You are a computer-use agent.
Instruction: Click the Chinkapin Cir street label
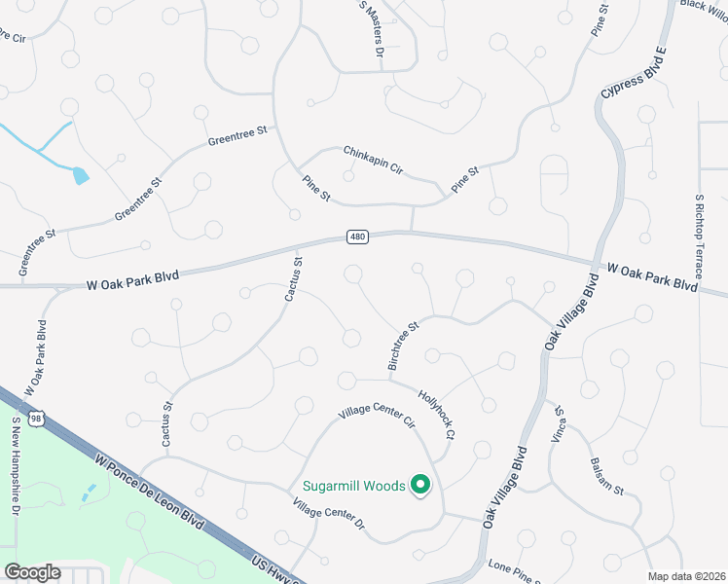[373, 160]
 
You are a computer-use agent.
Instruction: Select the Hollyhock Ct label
[437, 413]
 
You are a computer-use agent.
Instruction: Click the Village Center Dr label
[328, 514]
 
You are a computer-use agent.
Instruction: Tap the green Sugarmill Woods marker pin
[420, 485]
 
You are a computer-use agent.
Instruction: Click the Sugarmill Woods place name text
[352, 486]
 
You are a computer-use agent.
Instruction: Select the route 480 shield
[357, 237]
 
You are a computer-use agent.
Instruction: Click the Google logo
[32, 572]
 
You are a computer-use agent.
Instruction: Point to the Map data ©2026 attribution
[686, 576]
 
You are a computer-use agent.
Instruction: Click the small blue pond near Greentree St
[81, 175]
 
